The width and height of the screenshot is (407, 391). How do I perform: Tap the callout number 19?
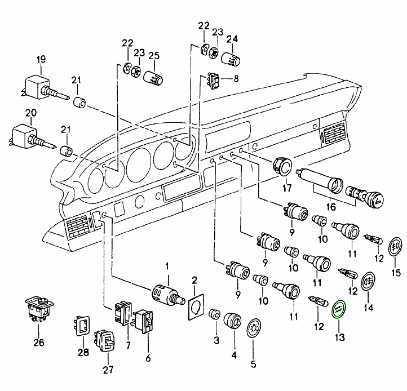pyautogui.click(x=41, y=59)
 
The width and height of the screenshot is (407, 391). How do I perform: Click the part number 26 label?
pyautogui.click(x=38, y=341)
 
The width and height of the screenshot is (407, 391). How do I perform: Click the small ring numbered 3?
pyautogui.click(x=214, y=314)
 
